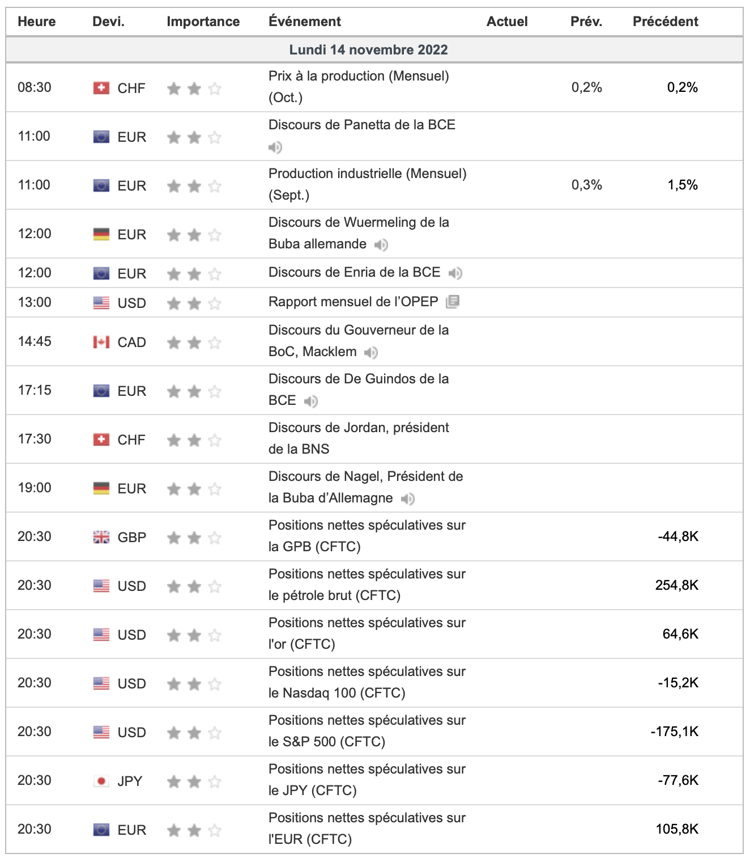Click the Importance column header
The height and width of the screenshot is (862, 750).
click(203, 22)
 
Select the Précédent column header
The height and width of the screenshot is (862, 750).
click(665, 22)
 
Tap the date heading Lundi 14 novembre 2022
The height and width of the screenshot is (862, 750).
click(368, 50)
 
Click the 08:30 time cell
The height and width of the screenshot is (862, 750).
click(35, 87)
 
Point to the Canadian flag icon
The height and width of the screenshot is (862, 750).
click(101, 342)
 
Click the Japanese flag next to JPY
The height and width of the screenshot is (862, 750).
click(101, 781)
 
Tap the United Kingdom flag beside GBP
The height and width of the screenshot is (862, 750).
click(101, 537)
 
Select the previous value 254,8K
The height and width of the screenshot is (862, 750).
click(676, 585)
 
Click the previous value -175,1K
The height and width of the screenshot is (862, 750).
click(674, 732)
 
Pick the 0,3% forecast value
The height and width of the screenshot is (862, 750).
click(586, 185)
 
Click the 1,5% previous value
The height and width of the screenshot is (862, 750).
click(682, 185)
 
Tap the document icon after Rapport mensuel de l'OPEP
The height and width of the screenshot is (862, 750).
click(453, 302)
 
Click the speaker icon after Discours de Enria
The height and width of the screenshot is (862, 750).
click(455, 273)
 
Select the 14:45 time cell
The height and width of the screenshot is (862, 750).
click(35, 341)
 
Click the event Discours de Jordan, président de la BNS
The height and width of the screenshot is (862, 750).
click(359, 438)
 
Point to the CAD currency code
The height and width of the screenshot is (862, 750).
click(131, 343)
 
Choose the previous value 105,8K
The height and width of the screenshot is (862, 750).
click(676, 829)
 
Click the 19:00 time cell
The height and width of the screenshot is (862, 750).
click(35, 488)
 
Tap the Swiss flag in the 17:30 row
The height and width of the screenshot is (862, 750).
click(101, 440)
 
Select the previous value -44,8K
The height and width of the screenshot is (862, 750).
click(677, 536)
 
